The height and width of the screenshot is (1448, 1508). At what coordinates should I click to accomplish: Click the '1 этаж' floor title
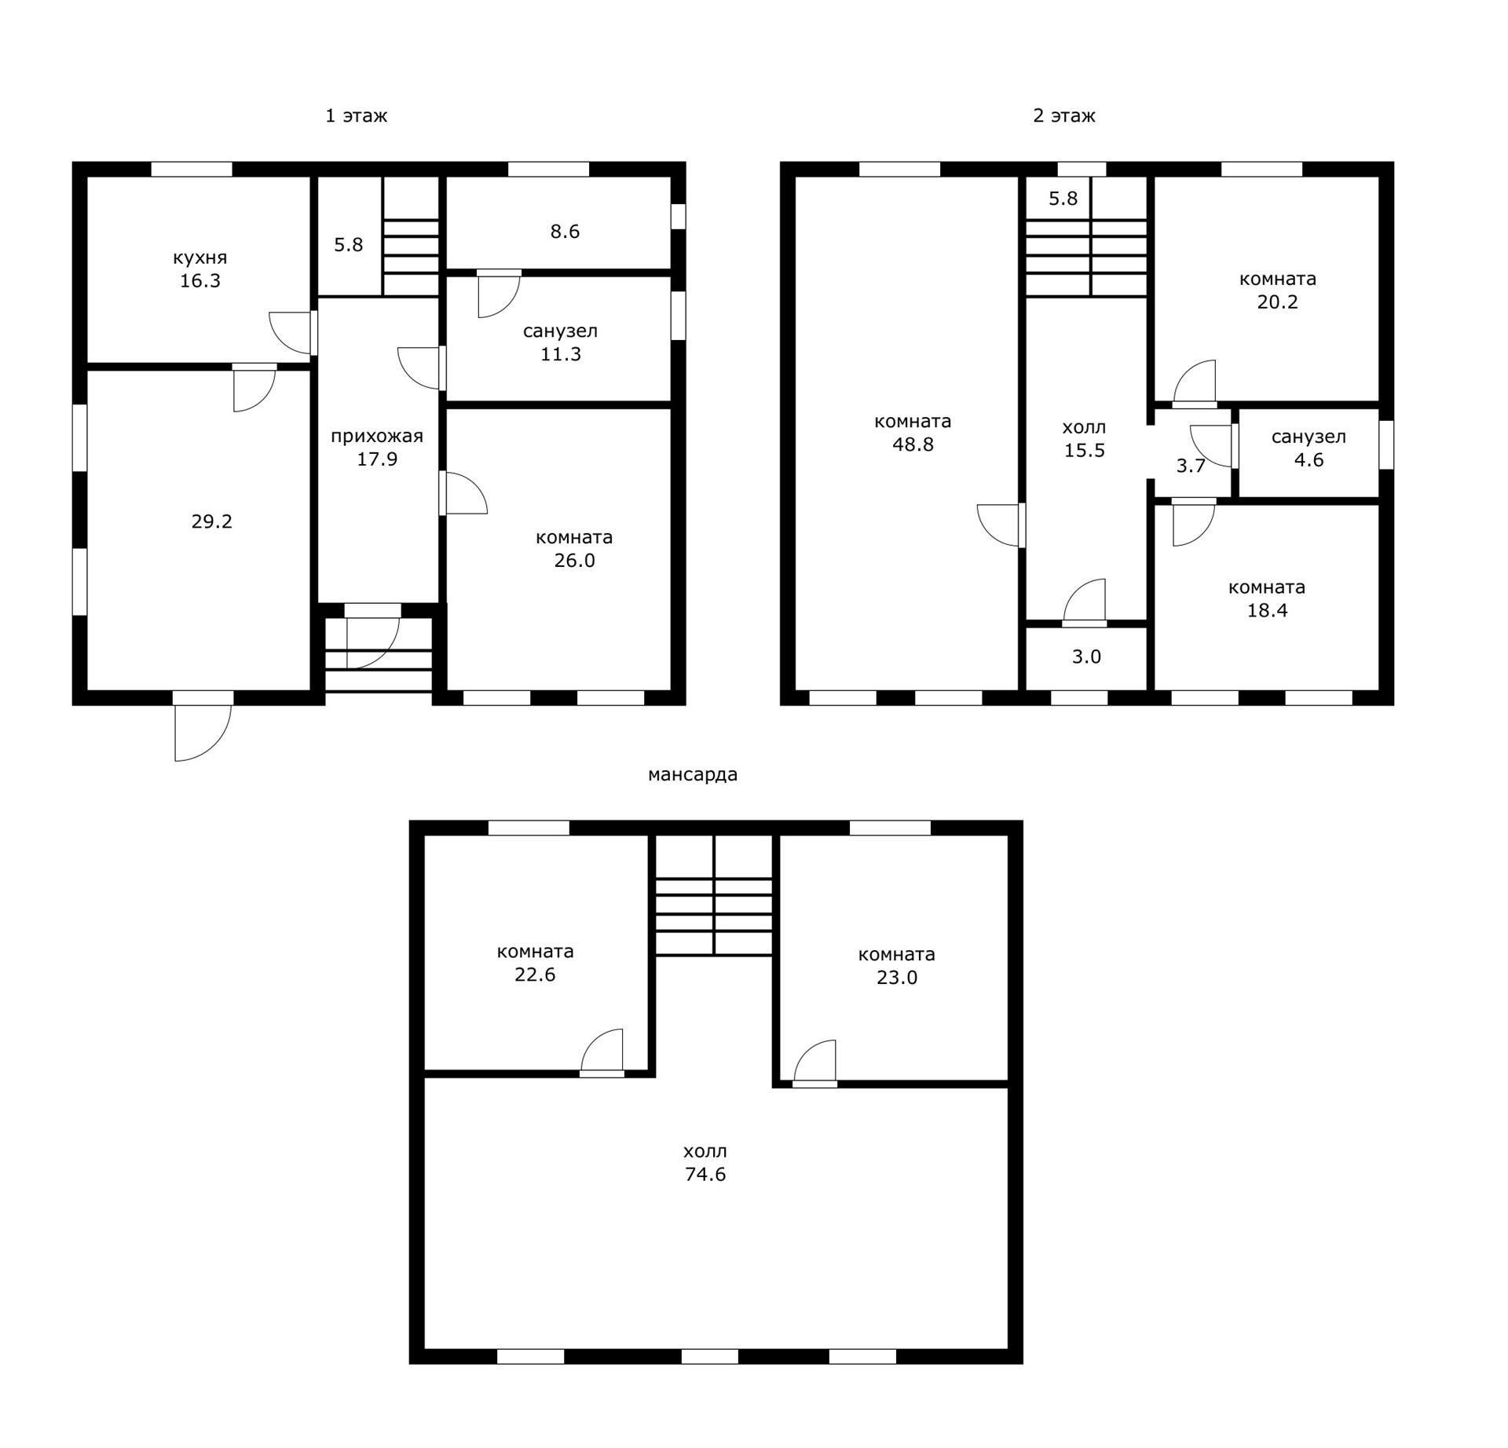[x=356, y=116]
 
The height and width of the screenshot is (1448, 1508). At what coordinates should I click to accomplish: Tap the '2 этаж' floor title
[x=1063, y=116]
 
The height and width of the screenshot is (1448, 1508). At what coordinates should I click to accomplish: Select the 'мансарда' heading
[x=693, y=775]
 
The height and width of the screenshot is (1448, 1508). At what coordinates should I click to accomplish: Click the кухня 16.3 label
[x=200, y=269]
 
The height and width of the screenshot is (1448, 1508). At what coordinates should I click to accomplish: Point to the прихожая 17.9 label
[x=377, y=448]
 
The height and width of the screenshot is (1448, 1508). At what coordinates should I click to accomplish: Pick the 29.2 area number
[x=212, y=521]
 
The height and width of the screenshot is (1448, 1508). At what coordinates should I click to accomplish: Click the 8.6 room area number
[x=565, y=232]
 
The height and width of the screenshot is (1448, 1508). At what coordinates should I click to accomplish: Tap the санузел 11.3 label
[x=561, y=342]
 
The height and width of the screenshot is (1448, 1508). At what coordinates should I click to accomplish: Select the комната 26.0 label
[x=574, y=549]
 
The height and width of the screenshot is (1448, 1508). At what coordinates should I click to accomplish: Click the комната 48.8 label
[x=913, y=433]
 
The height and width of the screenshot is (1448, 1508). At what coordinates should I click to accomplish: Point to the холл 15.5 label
[x=1085, y=439]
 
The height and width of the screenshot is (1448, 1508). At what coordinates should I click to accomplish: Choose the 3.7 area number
[x=1191, y=466]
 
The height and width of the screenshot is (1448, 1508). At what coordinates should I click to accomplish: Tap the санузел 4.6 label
[x=1309, y=448]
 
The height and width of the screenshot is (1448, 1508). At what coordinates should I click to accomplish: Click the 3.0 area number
[x=1087, y=657]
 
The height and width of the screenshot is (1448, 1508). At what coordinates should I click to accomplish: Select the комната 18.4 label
[x=1267, y=599]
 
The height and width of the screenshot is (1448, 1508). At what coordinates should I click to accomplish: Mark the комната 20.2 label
[x=1278, y=291]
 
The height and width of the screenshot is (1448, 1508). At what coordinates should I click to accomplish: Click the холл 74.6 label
[x=705, y=1163]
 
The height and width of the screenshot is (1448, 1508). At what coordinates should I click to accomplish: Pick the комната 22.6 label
[x=536, y=963]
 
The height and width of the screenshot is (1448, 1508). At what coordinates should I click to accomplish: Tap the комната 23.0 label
[x=897, y=966]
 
